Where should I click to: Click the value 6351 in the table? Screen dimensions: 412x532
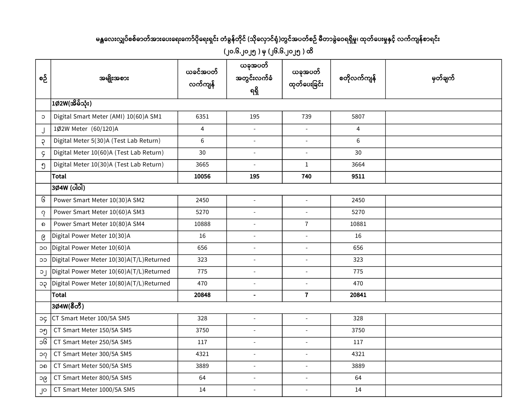click(x=202, y=117)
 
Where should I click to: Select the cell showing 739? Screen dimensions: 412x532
click(x=306, y=117)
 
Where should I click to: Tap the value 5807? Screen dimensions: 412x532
click(x=358, y=117)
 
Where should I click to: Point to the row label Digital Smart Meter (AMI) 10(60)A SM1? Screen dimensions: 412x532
click(x=108, y=117)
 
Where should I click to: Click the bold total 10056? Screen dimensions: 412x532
click(x=202, y=176)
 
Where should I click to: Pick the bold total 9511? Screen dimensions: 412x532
click(x=358, y=176)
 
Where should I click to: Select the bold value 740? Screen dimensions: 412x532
click(x=306, y=176)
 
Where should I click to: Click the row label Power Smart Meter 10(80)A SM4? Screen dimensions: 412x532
click(x=99, y=224)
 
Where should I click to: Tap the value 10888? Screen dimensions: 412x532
click(x=202, y=224)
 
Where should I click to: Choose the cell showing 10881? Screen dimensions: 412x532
click(x=358, y=224)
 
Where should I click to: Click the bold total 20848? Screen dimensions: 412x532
click(x=202, y=295)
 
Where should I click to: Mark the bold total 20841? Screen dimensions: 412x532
click(x=358, y=295)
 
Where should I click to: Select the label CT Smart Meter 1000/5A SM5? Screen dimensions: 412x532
click(x=94, y=390)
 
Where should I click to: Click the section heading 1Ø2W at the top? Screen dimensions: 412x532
click(x=72, y=104)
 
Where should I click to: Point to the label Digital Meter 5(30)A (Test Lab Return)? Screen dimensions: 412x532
click(x=107, y=141)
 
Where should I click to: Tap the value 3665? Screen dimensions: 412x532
click(x=202, y=165)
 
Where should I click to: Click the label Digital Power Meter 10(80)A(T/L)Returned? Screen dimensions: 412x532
click(x=111, y=283)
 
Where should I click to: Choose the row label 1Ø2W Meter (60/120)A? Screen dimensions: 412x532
click(x=86, y=129)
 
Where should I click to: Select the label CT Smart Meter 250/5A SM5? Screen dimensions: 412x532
click(x=93, y=342)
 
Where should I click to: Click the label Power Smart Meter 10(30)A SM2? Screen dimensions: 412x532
click(x=99, y=200)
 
